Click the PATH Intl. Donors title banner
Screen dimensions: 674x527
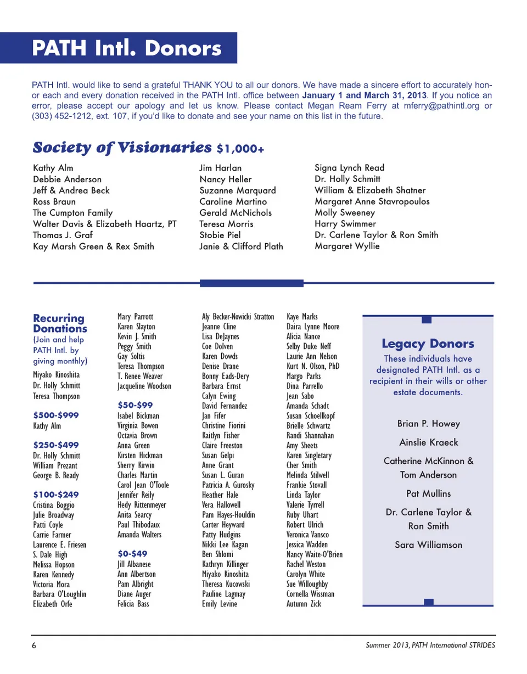(x=127, y=48)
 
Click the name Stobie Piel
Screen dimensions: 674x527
(x=220, y=235)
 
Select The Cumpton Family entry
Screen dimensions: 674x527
(x=72, y=213)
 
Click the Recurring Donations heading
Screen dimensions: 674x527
(x=60, y=323)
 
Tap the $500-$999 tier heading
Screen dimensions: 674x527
(x=56, y=415)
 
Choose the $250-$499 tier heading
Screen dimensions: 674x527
(x=56, y=445)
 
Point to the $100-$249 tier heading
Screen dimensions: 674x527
(x=56, y=494)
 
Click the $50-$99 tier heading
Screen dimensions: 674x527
(x=135, y=405)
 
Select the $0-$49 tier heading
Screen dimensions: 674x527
(x=132, y=553)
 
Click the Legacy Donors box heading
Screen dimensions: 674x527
(x=428, y=344)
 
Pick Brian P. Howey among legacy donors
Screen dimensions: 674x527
(x=428, y=424)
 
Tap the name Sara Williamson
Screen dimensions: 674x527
(x=428, y=545)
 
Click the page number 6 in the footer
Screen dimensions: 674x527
(x=34, y=645)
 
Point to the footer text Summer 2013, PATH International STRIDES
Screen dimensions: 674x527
(x=430, y=645)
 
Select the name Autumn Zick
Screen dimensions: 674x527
(x=304, y=604)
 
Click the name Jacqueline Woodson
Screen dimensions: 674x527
(x=144, y=386)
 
